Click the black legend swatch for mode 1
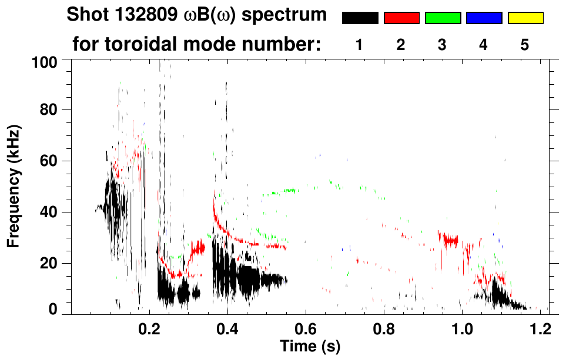coord(360,18)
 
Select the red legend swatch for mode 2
coord(401,18)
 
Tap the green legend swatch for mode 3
coord(443,18)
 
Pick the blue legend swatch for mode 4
coord(484,18)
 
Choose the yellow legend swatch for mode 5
coord(525,18)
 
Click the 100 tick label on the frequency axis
coord(45,61)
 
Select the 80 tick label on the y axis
coord(49,110)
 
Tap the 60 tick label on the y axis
coord(49,161)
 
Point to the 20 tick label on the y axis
coord(49,263)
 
